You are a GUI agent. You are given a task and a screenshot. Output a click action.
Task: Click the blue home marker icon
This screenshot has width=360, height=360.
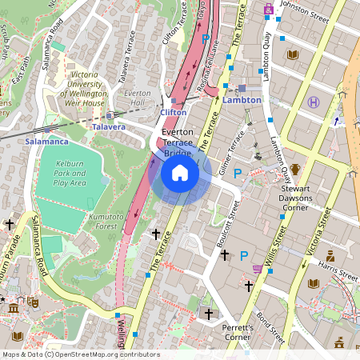point(180,173)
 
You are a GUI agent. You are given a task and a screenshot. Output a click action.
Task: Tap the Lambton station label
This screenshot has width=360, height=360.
point(242,101)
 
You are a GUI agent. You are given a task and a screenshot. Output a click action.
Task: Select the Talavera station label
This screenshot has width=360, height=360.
point(109,127)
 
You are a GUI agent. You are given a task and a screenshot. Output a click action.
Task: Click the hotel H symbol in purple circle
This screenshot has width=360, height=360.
point(314,102)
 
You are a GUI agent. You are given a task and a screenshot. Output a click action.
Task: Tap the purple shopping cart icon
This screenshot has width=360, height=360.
point(257,269)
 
